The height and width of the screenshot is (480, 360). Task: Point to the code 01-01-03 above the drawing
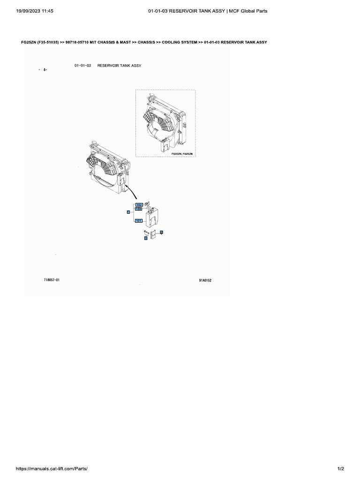tap(82, 66)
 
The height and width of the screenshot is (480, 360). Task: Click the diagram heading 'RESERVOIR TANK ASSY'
tap(119, 66)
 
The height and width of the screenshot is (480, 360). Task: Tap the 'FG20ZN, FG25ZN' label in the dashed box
tap(182, 153)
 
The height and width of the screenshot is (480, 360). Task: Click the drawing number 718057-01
tap(52, 280)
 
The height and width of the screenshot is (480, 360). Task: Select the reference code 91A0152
tap(205, 280)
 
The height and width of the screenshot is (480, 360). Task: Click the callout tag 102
tap(139, 205)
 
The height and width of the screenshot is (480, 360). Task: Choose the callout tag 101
tap(139, 220)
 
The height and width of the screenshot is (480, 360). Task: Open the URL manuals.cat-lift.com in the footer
tap(52, 469)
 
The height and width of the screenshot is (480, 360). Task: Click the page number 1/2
tap(341, 469)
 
